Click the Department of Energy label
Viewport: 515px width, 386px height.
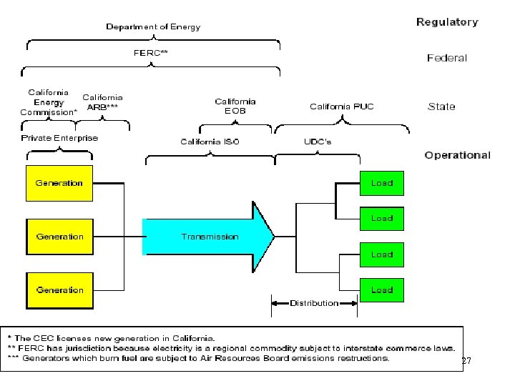pyautogui.click(x=153, y=26)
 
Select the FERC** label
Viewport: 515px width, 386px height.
pyautogui.click(x=152, y=52)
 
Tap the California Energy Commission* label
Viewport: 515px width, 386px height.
pyautogui.click(x=49, y=102)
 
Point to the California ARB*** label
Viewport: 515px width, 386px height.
pyautogui.click(x=103, y=102)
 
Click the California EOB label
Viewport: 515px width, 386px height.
pyautogui.click(x=235, y=107)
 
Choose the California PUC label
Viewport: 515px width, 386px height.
pyautogui.click(x=341, y=107)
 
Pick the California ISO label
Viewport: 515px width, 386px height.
pyautogui.click(x=210, y=142)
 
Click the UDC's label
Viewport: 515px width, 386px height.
pyautogui.click(x=318, y=142)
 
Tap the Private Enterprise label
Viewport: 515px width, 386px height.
pyautogui.click(x=59, y=137)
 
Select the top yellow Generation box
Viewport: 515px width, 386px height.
pyautogui.click(x=59, y=183)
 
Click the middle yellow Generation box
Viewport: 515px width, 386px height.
pyautogui.click(x=59, y=237)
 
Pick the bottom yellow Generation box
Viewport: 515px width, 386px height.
pyautogui.click(x=59, y=290)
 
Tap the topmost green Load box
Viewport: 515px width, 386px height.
pyautogui.click(x=381, y=183)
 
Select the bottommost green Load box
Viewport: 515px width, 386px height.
pyautogui.click(x=381, y=290)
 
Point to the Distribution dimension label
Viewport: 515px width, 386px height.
pyautogui.click(x=314, y=303)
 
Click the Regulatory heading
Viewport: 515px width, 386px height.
pyautogui.click(x=447, y=22)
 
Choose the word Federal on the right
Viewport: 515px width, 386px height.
pyautogui.click(x=447, y=58)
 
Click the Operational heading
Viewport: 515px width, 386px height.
pyautogui.click(x=457, y=155)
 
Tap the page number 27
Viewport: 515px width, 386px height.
pyautogui.click(x=466, y=362)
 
